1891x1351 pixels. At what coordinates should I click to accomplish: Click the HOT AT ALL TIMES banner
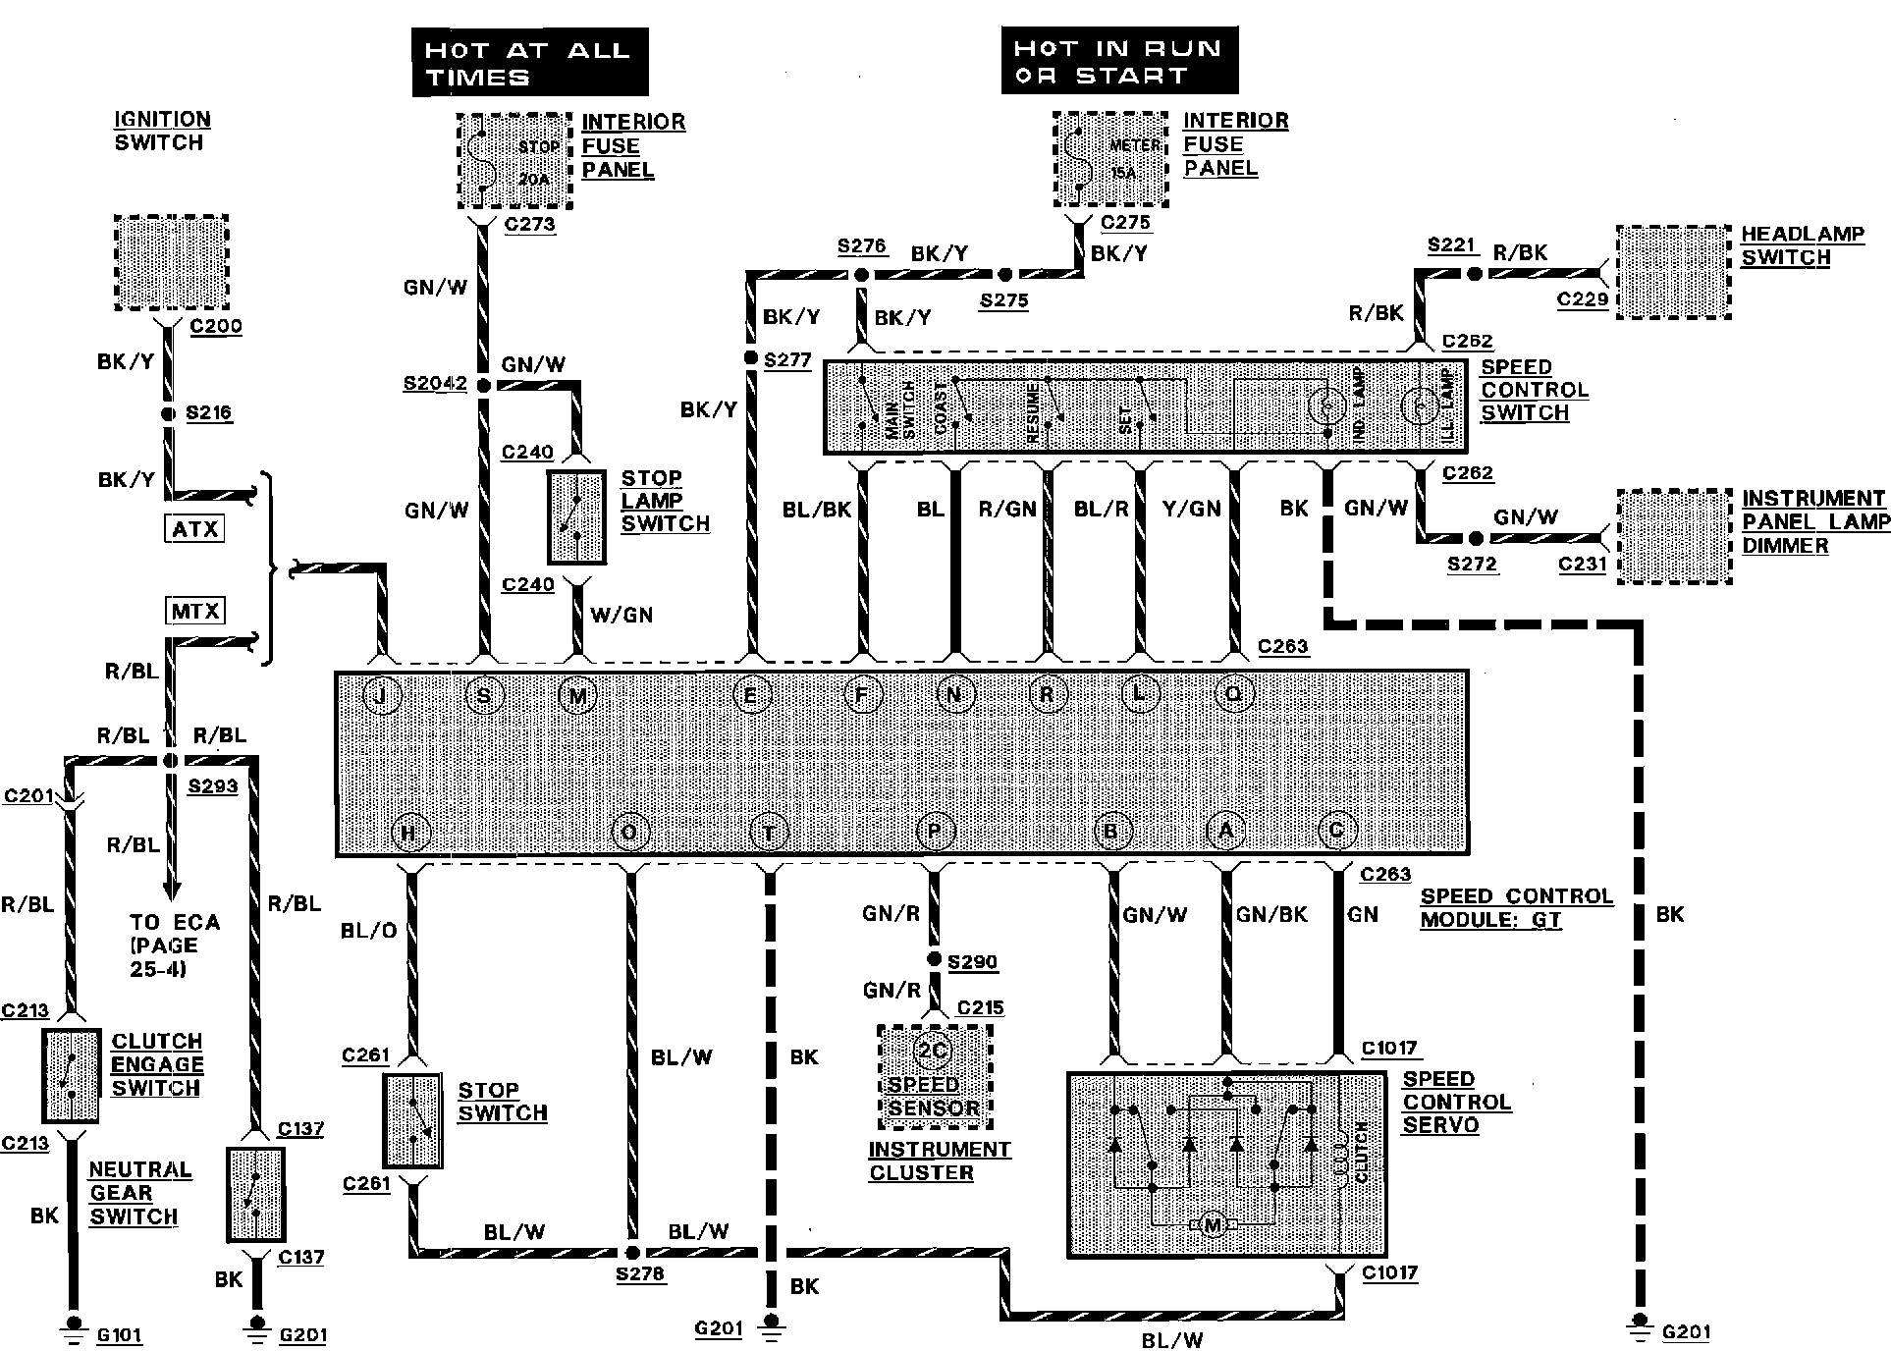(x=529, y=62)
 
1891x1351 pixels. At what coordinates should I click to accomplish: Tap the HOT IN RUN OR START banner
(x=1119, y=61)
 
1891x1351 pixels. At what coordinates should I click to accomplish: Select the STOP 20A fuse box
(x=514, y=161)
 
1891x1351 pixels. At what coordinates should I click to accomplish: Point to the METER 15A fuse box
(x=1110, y=159)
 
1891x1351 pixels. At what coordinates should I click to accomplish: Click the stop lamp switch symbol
(x=576, y=517)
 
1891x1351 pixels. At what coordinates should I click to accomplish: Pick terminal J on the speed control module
(x=382, y=696)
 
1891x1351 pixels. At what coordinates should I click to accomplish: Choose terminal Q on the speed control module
(x=1233, y=695)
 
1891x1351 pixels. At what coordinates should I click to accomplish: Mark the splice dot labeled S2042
(x=483, y=386)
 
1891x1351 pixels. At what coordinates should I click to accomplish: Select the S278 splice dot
(x=633, y=1253)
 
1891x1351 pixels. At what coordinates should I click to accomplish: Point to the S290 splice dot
(x=935, y=958)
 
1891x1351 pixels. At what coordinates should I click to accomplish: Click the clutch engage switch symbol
(x=72, y=1075)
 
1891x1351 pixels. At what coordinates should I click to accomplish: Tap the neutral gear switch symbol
(x=256, y=1193)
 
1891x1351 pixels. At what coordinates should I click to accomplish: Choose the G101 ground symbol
(x=73, y=1324)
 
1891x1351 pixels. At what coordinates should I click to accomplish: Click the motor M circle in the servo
(x=1212, y=1225)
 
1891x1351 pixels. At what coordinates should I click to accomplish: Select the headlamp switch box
(x=1673, y=272)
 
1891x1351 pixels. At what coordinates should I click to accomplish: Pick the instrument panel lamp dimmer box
(x=1673, y=537)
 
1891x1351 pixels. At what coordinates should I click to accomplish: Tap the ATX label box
(x=194, y=530)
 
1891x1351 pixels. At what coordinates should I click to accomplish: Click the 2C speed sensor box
(x=934, y=1077)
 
